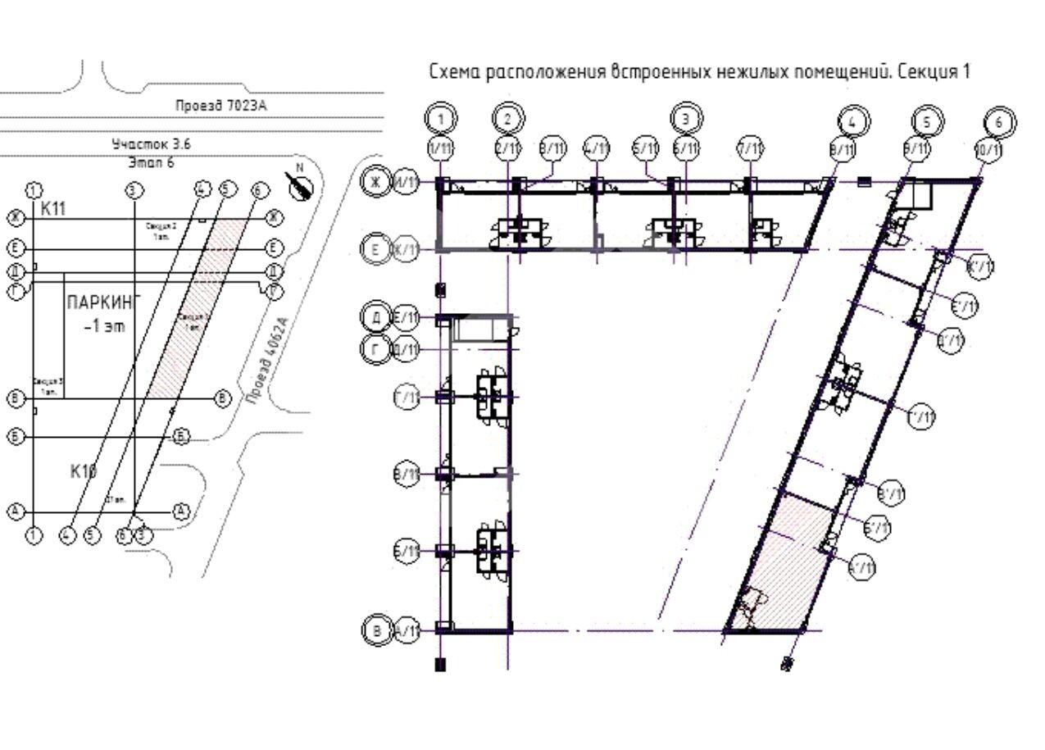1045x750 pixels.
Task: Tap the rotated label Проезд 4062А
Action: pyautogui.click(x=267, y=361)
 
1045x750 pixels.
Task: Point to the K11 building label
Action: pyautogui.click(x=53, y=209)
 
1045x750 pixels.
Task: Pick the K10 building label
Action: pyautogui.click(x=84, y=470)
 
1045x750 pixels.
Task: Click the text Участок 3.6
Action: pyautogui.click(x=152, y=144)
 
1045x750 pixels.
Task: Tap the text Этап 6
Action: pyautogui.click(x=152, y=162)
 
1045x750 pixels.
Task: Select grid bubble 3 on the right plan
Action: pyautogui.click(x=686, y=119)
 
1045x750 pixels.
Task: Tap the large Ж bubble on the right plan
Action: pyautogui.click(x=375, y=181)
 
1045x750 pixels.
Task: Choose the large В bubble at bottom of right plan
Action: pyautogui.click(x=376, y=630)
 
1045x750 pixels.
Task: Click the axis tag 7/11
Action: pyautogui.click(x=749, y=148)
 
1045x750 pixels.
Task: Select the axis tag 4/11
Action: pyautogui.click(x=597, y=148)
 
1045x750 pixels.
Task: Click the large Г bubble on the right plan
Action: pyautogui.click(x=375, y=350)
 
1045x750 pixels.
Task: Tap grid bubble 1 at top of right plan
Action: pyautogui.click(x=441, y=120)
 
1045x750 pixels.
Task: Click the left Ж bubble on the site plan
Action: pyautogui.click(x=15, y=217)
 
